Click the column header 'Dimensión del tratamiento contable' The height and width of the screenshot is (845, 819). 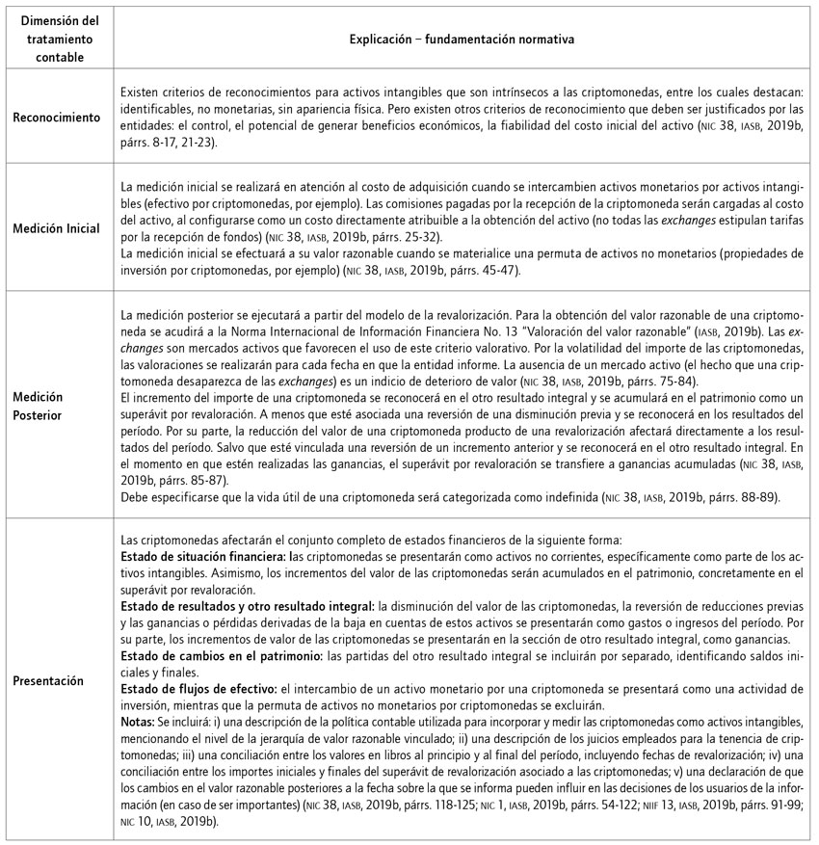[57, 40]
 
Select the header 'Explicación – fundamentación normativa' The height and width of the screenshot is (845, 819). [462, 40]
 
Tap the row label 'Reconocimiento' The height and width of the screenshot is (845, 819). [57, 118]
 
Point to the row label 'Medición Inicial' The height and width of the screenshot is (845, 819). [57, 227]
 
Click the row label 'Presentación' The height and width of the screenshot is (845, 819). [57, 680]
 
